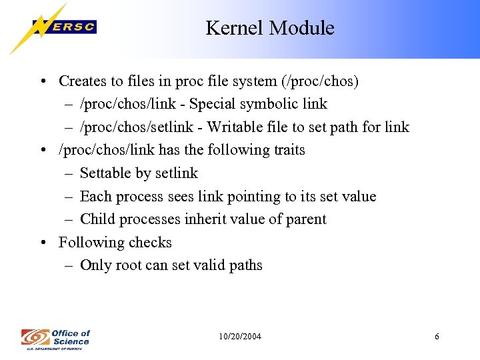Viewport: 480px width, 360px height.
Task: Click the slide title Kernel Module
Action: click(269, 28)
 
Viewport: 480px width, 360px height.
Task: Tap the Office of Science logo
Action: click(55, 337)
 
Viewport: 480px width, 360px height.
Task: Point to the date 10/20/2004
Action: click(240, 337)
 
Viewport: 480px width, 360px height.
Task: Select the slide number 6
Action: click(437, 337)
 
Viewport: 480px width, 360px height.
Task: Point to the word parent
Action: click(305, 219)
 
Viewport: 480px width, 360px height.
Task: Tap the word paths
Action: click(244, 265)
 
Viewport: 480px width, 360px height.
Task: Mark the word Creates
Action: click(82, 81)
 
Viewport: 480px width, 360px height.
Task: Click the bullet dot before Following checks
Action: click(43, 243)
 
